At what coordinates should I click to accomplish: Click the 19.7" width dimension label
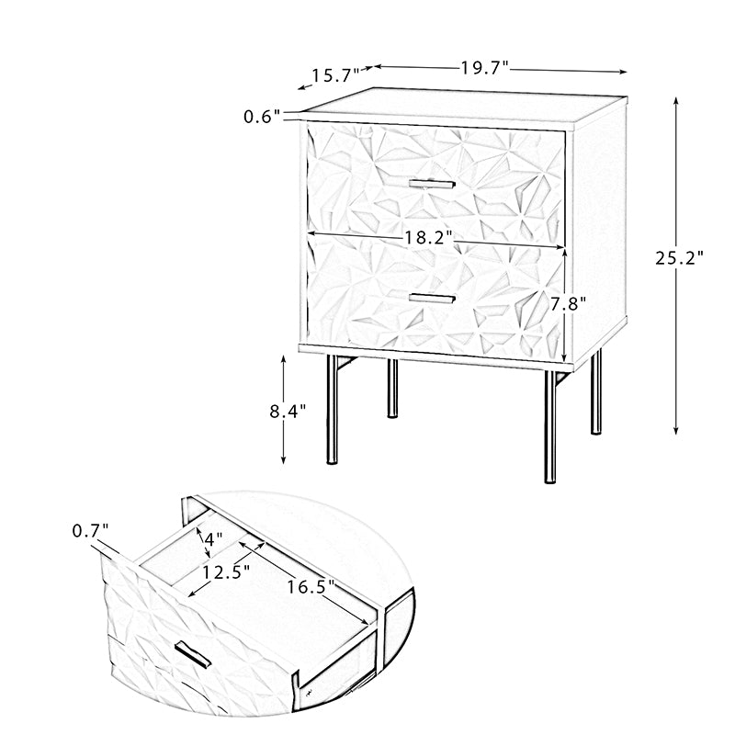(484, 68)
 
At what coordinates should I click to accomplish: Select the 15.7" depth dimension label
(335, 75)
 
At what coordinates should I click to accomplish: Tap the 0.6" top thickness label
(262, 117)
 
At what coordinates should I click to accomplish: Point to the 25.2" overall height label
(679, 258)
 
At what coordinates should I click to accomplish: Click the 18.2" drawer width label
(428, 238)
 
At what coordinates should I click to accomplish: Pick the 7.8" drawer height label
(568, 304)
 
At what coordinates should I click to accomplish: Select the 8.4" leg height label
(288, 411)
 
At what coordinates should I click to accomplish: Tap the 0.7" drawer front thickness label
(90, 531)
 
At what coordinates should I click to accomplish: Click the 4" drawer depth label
(213, 539)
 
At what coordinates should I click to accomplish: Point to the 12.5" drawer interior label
(225, 571)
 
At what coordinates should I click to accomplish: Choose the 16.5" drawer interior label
(311, 586)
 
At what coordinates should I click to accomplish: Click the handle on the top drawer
(432, 183)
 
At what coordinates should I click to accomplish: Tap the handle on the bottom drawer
(432, 298)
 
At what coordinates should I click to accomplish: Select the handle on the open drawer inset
(193, 654)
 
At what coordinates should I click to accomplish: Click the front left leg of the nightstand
(332, 409)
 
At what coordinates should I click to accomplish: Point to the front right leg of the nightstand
(549, 426)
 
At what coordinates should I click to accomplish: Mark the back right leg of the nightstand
(595, 393)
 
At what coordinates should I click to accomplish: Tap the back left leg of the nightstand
(392, 388)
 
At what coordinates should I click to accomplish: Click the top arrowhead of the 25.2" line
(675, 101)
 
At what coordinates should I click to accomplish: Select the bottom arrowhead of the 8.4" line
(283, 459)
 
